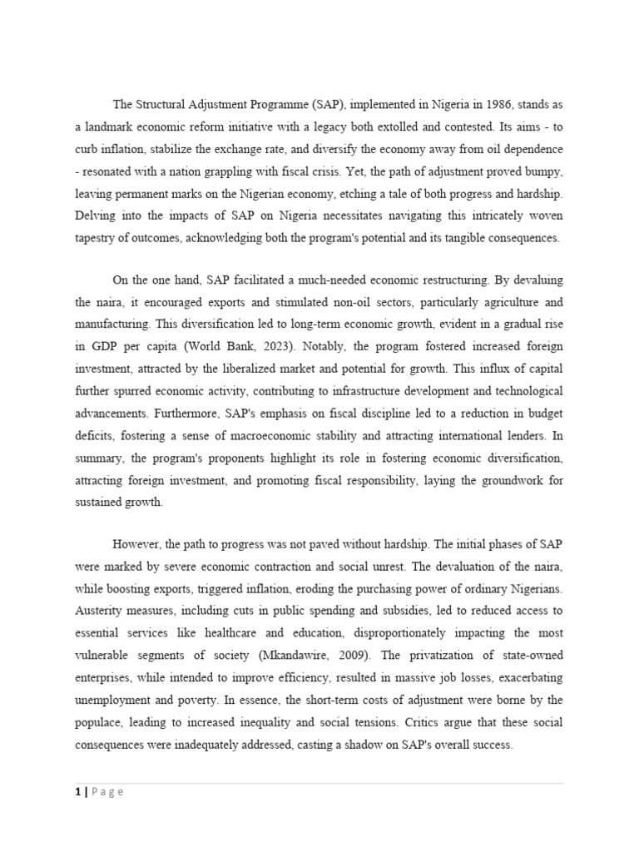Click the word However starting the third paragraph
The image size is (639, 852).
pyautogui.click(x=136, y=545)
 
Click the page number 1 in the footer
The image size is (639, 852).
pyautogui.click(x=77, y=792)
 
